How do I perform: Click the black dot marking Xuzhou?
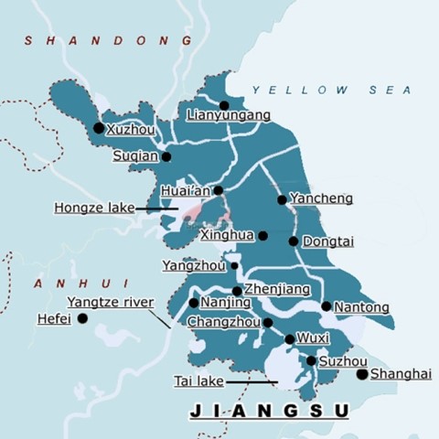tap(99, 128)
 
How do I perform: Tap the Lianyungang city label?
tap(228, 116)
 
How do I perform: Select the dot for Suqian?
tap(166, 156)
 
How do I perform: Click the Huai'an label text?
tap(185, 191)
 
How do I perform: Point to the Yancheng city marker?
tap(282, 199)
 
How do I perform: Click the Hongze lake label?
tap(93, 209)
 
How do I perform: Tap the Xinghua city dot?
tap(262, 235)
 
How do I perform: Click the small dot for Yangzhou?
tap(234, 266)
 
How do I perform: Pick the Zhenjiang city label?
tap(277, 289)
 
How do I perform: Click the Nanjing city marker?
tap(194, 303)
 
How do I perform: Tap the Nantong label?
tap(361, 307)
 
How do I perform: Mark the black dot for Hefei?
tap(82, 318)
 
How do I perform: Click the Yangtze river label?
tap(110, 302)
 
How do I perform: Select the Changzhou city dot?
tap(268, 322)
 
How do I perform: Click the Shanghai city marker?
tap(362, 374)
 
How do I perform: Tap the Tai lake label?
tap(198, 380)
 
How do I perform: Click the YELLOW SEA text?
tap(331, 90)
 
